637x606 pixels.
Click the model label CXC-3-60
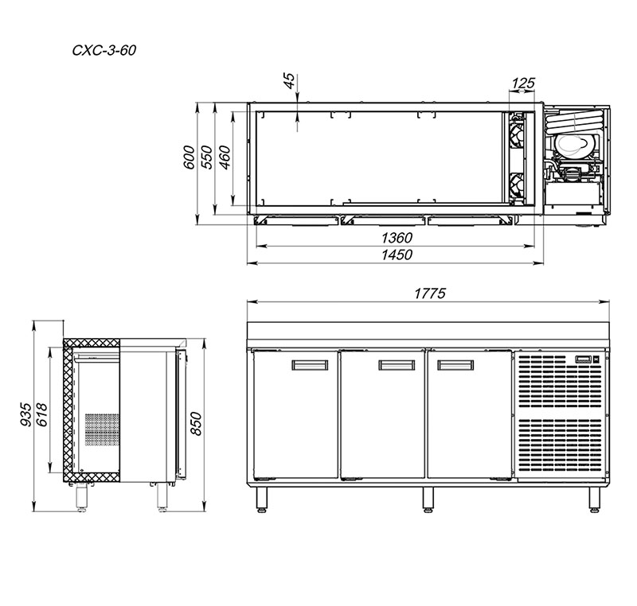tap(104, 50)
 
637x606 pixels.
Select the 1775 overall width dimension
tap(430, 293)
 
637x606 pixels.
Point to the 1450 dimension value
tap(397, 254)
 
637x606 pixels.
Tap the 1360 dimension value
tap(397, 237)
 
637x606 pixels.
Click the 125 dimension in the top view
tap(523, 84)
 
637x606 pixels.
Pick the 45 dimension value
tap(288, 80)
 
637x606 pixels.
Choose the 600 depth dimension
tap(190, 157)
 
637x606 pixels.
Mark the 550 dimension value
tap(207, 157)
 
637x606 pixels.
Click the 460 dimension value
tap(225, 157)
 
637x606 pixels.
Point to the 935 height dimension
tap(25, 414)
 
